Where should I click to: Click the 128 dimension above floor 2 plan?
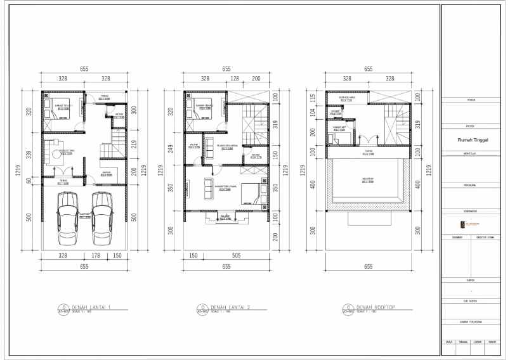234,79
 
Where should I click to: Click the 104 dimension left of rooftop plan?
312,112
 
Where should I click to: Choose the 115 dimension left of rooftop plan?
312,98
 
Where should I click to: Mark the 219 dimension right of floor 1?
134,144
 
